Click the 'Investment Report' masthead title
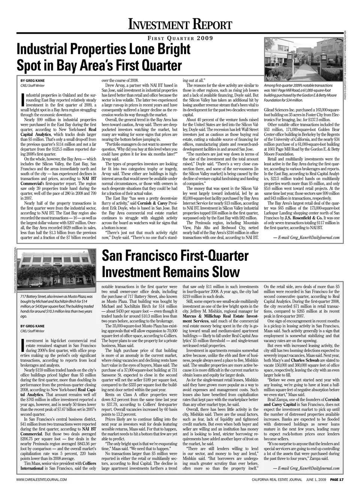tap(180, 24)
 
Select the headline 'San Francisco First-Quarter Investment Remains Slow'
tap(175, 263)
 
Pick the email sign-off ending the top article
tap(306, 237)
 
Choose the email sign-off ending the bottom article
tap(306, 468)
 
